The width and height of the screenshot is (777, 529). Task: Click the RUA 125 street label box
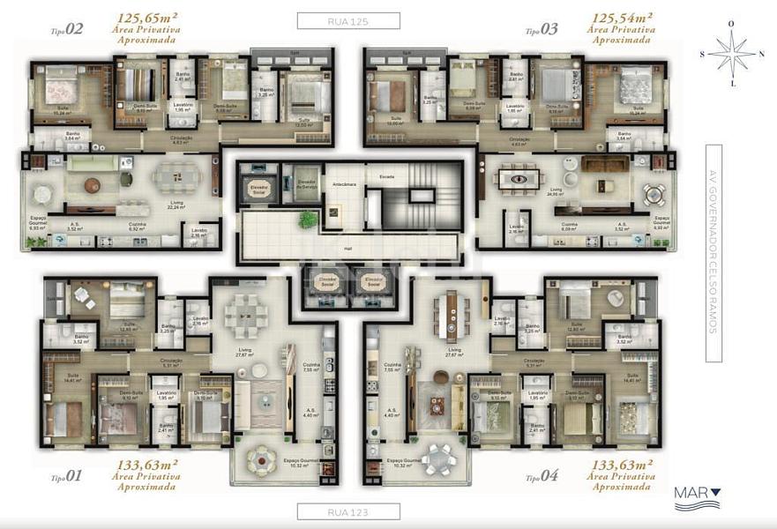(x=348, y=21)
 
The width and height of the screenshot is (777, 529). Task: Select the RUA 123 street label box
(x=348, y=510)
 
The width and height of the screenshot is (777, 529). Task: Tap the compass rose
(x=731, y=53)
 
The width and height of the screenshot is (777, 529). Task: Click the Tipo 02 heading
(x=67, y=29)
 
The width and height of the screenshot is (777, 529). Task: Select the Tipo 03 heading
(x=542, y=29)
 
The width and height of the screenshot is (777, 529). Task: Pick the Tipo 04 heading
(x=542, y=476)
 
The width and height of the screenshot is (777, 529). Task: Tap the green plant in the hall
(x=334, y=211)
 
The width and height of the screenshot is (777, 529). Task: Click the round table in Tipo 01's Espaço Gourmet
(x=262, y=458)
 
